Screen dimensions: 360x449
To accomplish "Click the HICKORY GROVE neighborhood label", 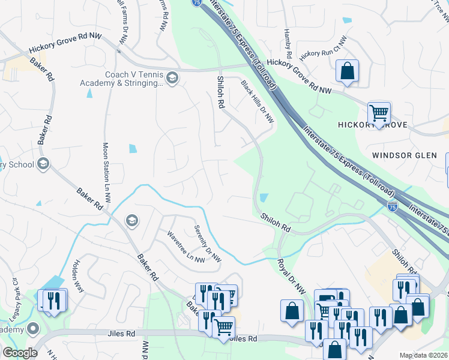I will coord(372,125).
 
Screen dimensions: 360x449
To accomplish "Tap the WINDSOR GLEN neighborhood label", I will coord(404,155).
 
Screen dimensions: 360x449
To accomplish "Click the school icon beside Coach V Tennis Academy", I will coord(172,78).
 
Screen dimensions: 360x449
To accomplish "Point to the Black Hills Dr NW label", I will coord(258,102).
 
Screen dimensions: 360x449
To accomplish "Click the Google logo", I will coord(20,353).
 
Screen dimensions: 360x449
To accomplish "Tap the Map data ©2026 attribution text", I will coord(424,355).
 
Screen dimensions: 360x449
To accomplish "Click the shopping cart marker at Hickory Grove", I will coord(379,112).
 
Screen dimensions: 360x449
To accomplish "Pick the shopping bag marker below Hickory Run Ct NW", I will coord(347,71).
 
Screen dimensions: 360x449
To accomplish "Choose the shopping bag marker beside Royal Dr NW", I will coord(292,311).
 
